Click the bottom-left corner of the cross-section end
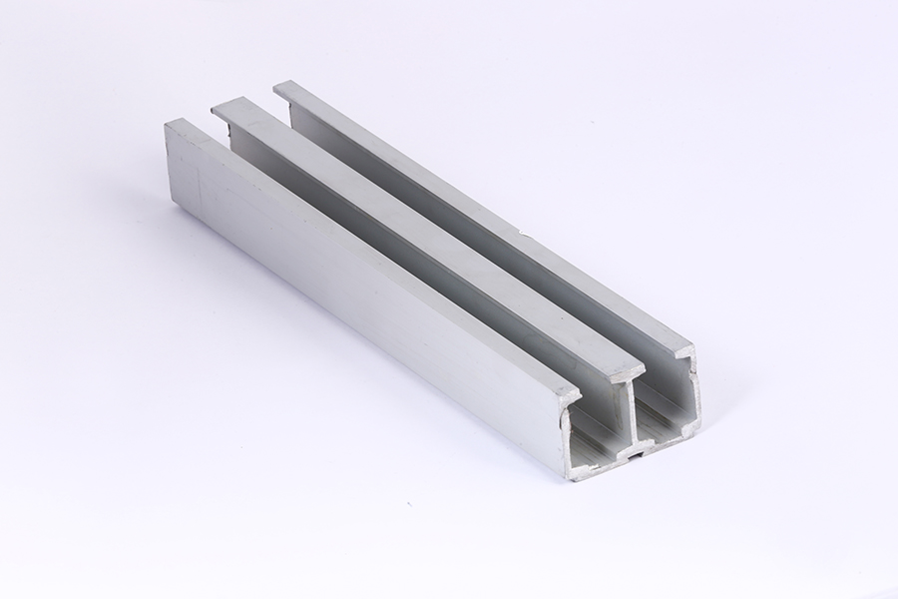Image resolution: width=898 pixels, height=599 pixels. point(570,475)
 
